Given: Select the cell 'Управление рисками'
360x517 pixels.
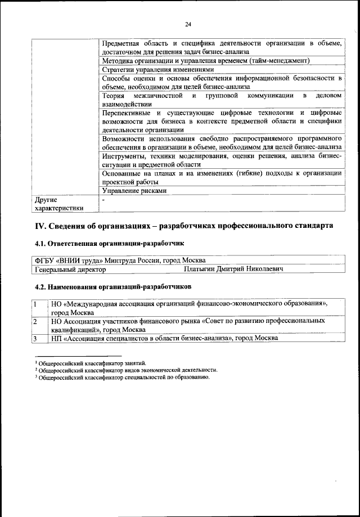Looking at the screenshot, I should (134, 191).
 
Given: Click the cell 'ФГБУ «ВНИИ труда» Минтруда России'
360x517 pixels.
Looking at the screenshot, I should (118, 260).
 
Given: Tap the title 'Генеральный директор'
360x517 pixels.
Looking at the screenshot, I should (70, 269).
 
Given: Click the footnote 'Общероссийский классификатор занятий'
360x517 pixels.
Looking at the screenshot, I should (93, 363).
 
